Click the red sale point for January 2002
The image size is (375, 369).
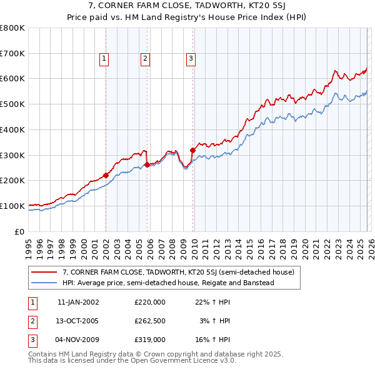tap(106, 175)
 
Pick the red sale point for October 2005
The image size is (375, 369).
tap(147, 164)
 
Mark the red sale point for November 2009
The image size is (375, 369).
tap(192, 150)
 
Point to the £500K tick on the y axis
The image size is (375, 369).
tap(12, 104)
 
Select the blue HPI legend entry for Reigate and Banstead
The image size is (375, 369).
tap(168, 283)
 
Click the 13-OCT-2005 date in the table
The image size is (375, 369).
tap(78, 321)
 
